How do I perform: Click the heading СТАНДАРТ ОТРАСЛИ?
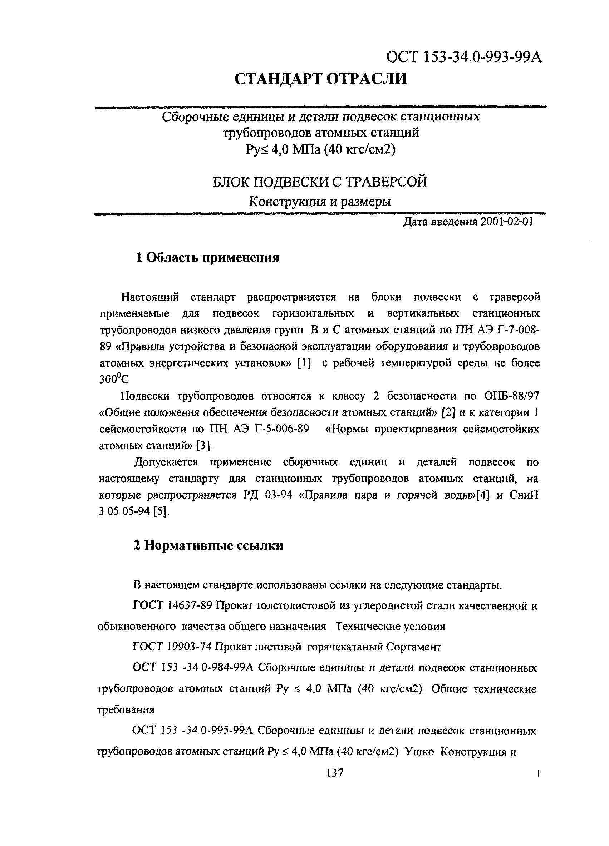tap(320, 79)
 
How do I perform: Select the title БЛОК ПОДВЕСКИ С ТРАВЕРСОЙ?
tap(320, 182)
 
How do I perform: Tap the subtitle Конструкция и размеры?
tap(320, 202)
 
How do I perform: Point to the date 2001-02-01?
tap(506, 222)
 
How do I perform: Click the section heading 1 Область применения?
tap(207, 257)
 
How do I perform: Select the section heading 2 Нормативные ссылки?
tap(208, 545)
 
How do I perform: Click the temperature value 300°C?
tap(114, 379)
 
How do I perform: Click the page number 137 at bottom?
tap(334, 773)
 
